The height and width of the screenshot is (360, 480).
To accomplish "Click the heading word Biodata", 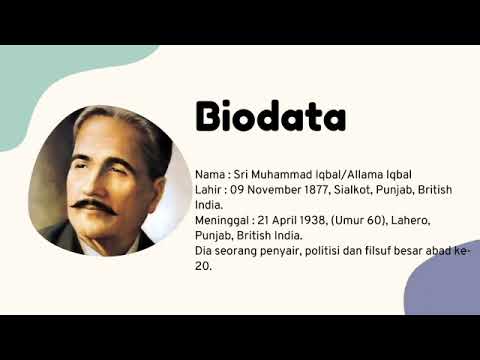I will click(271, 117).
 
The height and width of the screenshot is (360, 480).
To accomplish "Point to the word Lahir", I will click(209, 189).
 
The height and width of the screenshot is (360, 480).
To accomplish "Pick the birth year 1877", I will click(324, 189).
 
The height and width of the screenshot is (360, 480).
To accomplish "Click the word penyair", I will click(288, 251).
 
